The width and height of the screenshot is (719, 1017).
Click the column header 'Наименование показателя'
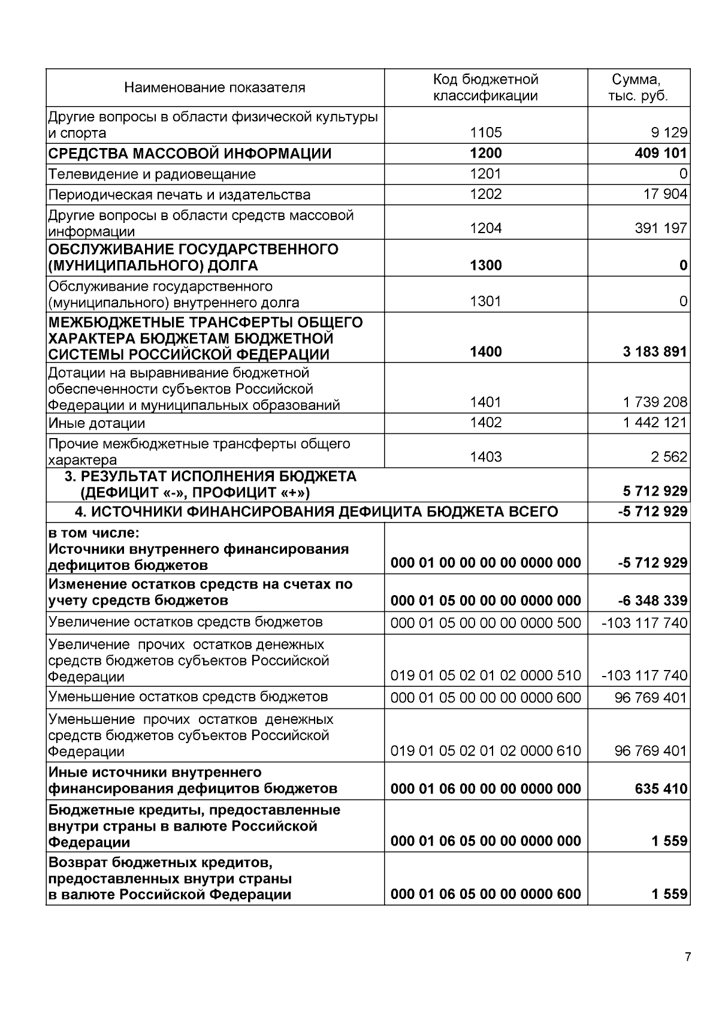(215, 88)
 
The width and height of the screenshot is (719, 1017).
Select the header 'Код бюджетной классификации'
(485, 87)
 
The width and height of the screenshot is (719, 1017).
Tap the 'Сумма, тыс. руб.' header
(638, 87)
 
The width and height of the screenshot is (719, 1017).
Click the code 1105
(485, 132)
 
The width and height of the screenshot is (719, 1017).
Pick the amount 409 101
(660, 153)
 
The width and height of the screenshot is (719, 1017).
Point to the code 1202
(485, 194)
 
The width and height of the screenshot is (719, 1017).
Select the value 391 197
(660, 228)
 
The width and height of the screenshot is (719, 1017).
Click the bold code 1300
(485, 265)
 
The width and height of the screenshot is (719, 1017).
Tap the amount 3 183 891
(654, 352)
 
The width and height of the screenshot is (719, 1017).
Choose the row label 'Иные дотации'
(96, 424)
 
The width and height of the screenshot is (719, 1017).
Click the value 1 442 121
(654, 423)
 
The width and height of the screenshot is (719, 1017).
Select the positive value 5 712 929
(654, 492)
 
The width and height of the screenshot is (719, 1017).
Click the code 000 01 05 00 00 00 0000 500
(485, 623)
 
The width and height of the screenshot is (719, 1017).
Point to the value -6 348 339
(652, 601)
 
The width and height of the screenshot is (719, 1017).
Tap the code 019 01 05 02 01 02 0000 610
(485, 751)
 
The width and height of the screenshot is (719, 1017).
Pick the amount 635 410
(660, 789)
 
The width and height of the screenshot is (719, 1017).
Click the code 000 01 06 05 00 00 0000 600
(485, 895)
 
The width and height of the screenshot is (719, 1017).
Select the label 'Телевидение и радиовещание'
(152, 174)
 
